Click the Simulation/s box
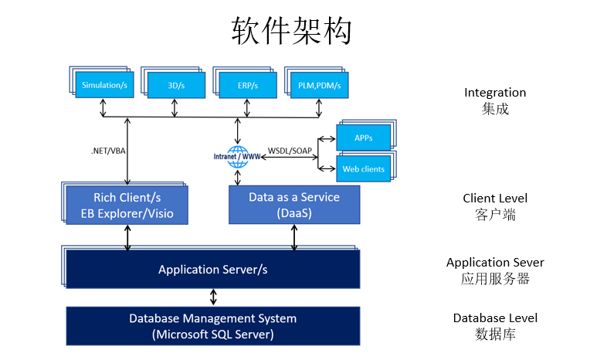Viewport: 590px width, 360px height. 104,85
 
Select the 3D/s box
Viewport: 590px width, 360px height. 177,86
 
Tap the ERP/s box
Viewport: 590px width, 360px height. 248,86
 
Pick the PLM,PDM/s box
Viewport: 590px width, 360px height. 320,86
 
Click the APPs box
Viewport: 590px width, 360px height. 364,138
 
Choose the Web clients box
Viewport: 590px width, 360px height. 364,169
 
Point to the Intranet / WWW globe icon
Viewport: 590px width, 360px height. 237,157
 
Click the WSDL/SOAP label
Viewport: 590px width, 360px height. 290,151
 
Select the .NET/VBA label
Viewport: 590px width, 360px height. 108,151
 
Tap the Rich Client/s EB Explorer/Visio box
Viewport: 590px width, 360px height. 127,205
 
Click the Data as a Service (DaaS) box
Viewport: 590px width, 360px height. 294,205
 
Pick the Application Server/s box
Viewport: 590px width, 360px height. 213,270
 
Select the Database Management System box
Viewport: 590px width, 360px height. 213,326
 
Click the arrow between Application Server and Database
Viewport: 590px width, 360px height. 213,297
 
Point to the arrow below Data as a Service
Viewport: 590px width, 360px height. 294,237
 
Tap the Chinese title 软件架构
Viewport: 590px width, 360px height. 291,31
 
